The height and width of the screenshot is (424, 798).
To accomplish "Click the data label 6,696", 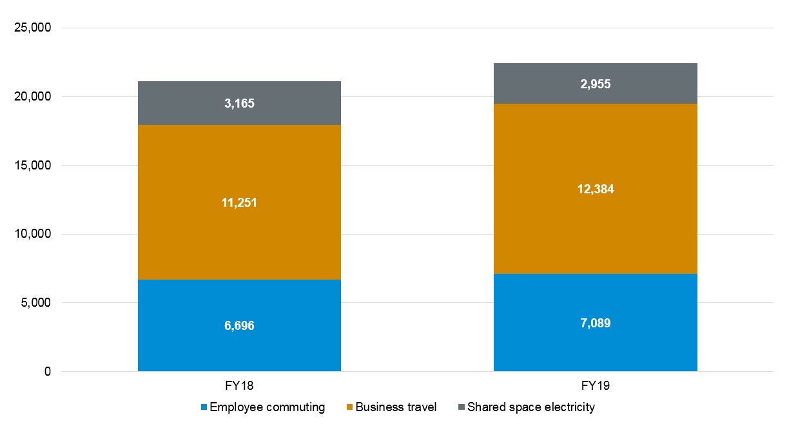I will coord(239,325).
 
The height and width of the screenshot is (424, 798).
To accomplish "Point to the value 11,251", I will coord(239,202).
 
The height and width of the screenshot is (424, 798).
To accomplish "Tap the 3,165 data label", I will coord(239,103).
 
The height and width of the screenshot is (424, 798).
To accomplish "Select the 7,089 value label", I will coord(595,323).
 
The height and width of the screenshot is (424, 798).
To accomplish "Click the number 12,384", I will coord(595,189).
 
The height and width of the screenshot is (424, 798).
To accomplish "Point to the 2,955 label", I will coord(595,84).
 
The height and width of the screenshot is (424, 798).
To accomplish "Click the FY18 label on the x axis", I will coord(239,386).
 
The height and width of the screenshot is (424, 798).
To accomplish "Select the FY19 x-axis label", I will coord(595,386).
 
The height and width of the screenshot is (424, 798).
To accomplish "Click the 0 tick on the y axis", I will coord(46,372).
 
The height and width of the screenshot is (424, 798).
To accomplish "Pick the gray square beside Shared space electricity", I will coord(461,407).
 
